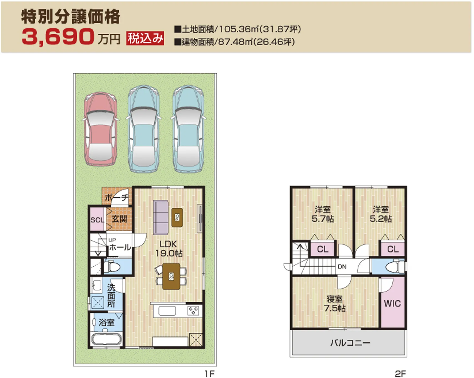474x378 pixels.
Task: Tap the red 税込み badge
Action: coord(145,38)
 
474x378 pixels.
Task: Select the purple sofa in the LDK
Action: coord(161,217)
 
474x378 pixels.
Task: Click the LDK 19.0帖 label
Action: coord(168,248)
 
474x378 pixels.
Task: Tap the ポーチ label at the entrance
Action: coord(116,197)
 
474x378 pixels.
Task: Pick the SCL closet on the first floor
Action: coord(97,220)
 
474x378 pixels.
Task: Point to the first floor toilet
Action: coord(113,267)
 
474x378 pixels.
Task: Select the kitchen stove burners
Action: coord(193,311)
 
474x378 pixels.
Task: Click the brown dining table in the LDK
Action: coord(171,276)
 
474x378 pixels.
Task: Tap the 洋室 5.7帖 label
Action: coord(322,214)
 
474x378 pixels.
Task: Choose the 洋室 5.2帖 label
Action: coord(381,214)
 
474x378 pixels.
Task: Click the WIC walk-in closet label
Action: coord(392,304)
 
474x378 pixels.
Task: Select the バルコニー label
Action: coord(350,343)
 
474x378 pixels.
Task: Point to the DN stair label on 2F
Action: coord(342,266)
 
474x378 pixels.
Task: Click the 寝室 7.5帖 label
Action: coord(335,304)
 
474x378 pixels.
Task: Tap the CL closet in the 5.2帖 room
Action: coord(393,249)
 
